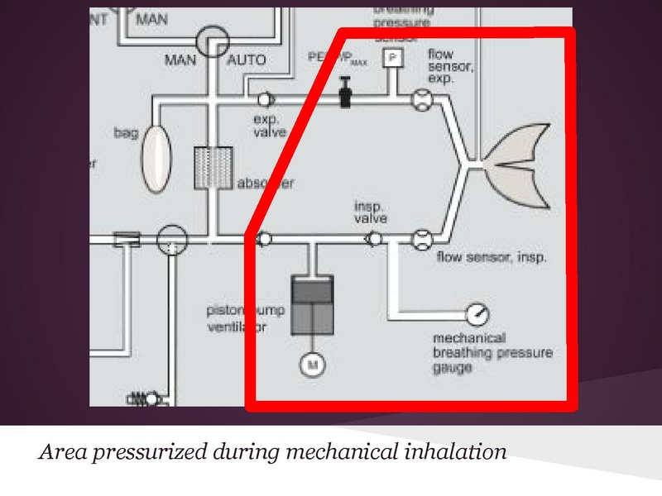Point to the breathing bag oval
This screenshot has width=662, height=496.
point(154,157)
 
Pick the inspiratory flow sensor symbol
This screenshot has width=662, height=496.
point(421,241)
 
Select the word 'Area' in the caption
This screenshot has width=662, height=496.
point(60,454)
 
